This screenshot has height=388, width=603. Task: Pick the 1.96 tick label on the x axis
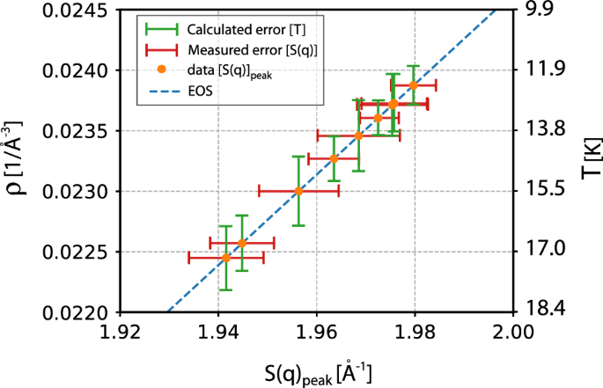[x=316, y=332]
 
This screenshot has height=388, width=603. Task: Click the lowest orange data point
[x=226, y=258]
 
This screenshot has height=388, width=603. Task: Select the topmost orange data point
[x=413, y=85]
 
